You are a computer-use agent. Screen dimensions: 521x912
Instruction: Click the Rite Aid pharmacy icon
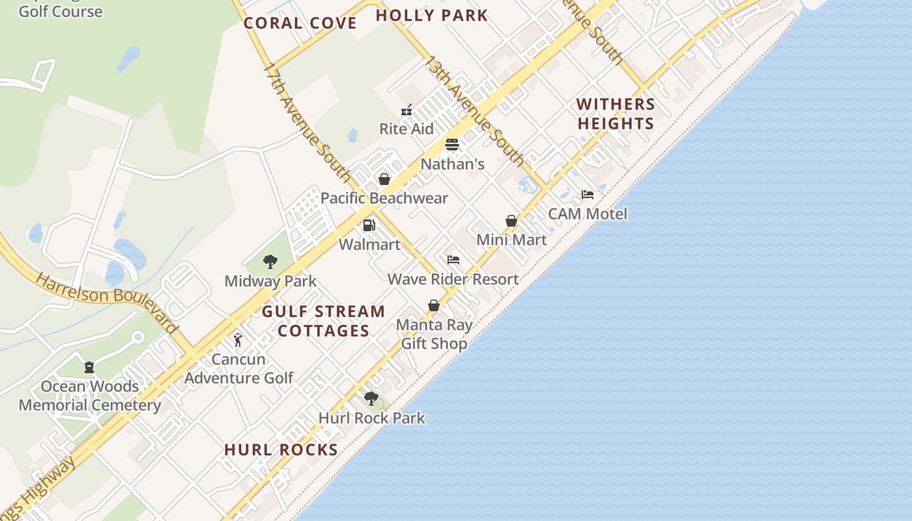click(406, 110)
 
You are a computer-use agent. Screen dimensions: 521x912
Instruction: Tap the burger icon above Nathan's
click(452, 145)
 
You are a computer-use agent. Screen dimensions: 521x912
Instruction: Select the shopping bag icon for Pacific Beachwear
click(384, 179)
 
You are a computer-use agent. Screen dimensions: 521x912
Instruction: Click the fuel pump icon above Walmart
click(369, 225)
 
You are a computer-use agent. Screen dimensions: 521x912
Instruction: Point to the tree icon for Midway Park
click(270, 262)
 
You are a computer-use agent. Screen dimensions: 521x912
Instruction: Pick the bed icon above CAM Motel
click(588, 195)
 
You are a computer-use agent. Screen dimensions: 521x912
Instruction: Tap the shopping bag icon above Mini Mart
click(511, 221)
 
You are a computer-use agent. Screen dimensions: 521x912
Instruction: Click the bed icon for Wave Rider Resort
click(453, 260)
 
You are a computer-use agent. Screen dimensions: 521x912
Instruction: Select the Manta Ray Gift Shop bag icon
click(434, 305)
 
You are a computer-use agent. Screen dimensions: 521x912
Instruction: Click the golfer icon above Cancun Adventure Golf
click(238, 340)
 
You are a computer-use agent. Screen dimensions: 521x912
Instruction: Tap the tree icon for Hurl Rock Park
click(371, 398)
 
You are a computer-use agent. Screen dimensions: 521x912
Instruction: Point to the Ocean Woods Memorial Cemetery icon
click(89, 367)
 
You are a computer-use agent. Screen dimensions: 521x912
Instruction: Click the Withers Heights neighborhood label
click(616, 114)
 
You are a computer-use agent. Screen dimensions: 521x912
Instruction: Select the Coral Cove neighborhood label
click(300, 23)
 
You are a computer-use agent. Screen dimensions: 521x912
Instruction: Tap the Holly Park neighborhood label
click(432, 16)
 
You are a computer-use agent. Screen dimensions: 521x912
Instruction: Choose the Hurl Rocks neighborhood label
click(281, 449)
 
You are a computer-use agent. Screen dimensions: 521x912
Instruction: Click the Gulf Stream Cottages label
click(324, 321)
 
